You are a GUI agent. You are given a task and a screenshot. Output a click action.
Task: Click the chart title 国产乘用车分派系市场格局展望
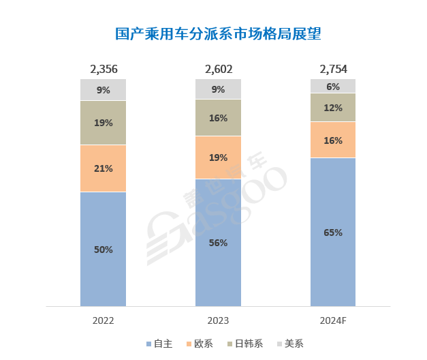point(218,34)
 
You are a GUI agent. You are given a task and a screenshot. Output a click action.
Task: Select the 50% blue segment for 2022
point(104,250)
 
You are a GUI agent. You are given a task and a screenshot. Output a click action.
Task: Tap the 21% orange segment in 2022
point(104,168)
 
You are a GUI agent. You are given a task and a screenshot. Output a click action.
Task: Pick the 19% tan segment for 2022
point(104,123)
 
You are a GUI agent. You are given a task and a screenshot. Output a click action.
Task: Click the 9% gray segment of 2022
point(104,89)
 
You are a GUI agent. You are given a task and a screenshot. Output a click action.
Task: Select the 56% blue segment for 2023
point(218,243)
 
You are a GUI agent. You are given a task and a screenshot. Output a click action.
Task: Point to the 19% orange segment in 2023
point(218,157)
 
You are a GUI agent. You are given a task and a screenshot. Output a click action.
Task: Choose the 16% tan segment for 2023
point(218,118)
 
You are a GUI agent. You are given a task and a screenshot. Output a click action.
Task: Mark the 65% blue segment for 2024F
point(333,232)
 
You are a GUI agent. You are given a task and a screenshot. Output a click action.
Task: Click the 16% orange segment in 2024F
point(333,140)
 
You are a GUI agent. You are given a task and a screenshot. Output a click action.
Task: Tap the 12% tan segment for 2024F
point(333,108)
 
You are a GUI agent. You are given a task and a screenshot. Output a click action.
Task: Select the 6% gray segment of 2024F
point(333,86)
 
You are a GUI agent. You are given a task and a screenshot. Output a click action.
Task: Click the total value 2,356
point(104,69)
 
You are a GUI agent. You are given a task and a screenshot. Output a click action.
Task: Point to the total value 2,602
point(218,69)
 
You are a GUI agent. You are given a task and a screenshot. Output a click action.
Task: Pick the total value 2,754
point(333,69)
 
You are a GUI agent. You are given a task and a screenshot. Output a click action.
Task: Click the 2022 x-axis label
point(104,320)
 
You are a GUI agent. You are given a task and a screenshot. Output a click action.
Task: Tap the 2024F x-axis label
point(333,320)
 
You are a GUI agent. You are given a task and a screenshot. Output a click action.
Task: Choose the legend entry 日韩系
point(248,344)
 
